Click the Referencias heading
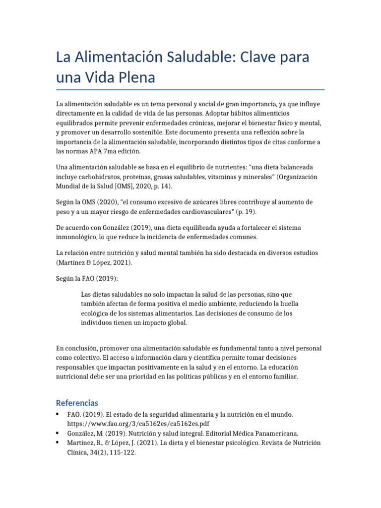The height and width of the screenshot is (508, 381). coord(77,402)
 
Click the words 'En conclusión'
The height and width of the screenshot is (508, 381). coord(75,349)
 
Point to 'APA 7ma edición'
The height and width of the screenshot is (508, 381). coord(114,151)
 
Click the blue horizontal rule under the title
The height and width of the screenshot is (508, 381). coord(190,90)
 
